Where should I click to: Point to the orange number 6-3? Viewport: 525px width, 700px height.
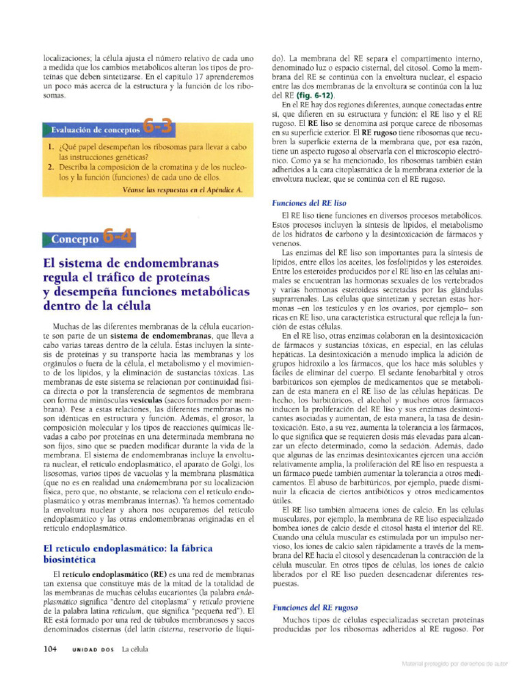pyautogui.click(x=158, y=127)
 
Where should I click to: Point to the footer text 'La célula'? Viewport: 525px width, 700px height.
pyautogui.click(x=135, y=649)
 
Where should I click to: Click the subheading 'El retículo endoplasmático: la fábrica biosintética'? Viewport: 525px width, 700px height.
pyautogui.click(x=127, y=554)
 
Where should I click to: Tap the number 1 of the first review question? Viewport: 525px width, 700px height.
pyautogui.click(x=51, y=147)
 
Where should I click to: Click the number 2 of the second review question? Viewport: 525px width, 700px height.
pyautogui.click(x=51, y=167)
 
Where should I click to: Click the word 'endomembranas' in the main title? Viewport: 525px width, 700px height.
pyautogui.click(x=175, y=264)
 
